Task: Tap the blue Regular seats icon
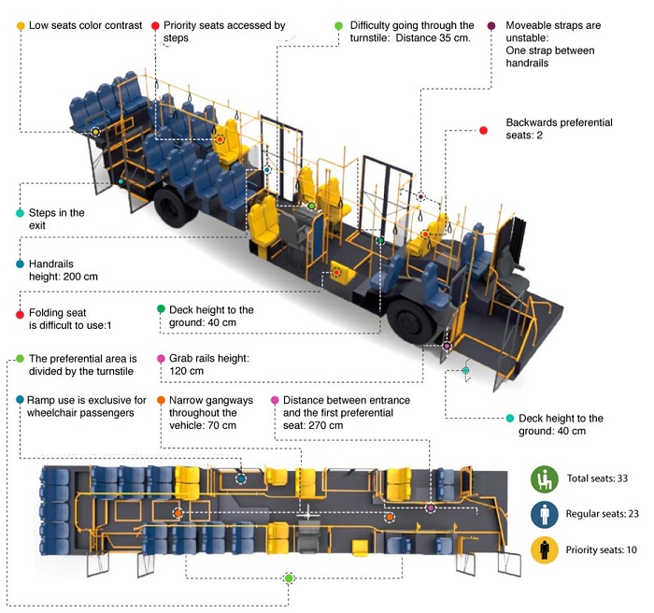click(544, 514)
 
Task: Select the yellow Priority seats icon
click(544, 549)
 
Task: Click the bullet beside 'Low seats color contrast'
click(21, 26)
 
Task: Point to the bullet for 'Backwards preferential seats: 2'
click(483, 130)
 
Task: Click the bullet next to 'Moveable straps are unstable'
click(491, 25)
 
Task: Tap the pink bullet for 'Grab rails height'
click(161, 358)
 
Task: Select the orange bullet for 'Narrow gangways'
click(161, 400)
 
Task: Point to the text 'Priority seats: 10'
click(602, 549)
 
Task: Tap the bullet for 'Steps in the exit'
click(20, 213)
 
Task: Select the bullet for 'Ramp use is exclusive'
click(20, 400)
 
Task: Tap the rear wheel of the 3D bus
click(175, 206)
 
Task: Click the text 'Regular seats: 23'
click(601, 515)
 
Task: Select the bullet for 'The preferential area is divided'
click(20, 359)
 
